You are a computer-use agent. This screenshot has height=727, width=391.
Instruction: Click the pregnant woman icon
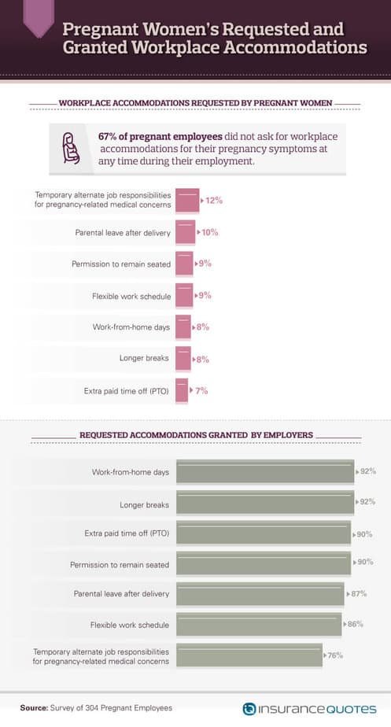pos(71,148)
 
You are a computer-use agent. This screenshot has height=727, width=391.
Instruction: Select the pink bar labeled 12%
pos(187,201)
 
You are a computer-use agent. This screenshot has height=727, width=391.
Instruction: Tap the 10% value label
pos(209,232)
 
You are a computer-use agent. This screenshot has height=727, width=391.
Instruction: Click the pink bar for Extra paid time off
pos(182,390)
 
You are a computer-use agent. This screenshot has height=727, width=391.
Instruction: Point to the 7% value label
pos(201,391)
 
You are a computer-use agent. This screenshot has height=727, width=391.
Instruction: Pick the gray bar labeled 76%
pos(249,655)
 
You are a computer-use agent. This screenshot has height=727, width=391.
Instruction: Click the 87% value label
pos(359,593)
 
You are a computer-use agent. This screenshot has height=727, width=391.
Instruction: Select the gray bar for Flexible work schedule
pos(259,624)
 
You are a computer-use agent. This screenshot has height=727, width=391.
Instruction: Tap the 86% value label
pos(356,624)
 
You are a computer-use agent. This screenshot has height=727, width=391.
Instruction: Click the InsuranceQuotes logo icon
pos(249,709)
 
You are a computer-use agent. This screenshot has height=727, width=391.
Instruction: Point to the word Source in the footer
pos(33,708)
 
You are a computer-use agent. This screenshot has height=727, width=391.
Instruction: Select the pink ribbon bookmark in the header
pos(39,18)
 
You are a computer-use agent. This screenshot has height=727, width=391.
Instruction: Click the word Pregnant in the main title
pos(100,29)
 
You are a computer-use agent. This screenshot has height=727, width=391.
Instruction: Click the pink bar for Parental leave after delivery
pos(186,232)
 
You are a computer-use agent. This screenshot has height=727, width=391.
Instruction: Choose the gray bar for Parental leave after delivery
pos(260,593)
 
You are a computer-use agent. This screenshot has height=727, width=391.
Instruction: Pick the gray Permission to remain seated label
pos(120,565)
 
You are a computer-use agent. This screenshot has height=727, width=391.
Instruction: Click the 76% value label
pos(335,655)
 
